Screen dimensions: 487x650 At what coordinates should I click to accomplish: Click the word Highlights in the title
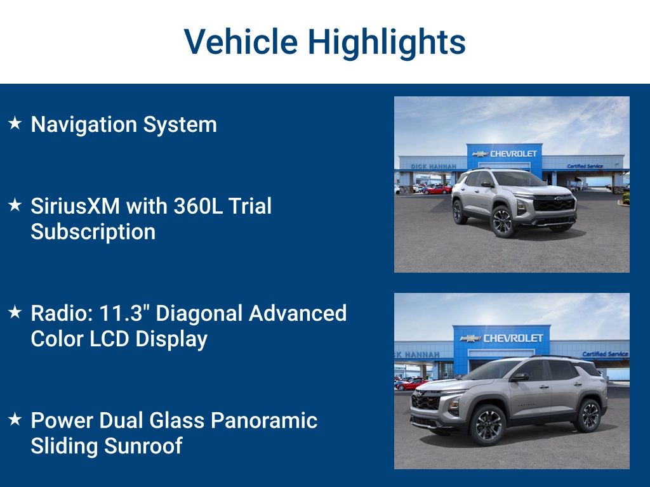pyautogui.click(x=387, y=42)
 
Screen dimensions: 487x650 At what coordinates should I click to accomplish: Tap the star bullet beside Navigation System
pyautogui.click(x=15, y=123)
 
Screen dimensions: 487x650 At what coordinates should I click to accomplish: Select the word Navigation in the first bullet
pyautogui.click(x=84, y=124)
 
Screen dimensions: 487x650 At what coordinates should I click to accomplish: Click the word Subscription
pyautogui.click(x=93, y=232)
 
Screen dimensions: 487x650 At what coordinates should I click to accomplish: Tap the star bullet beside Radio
pyautogui.click(x=15, y=312)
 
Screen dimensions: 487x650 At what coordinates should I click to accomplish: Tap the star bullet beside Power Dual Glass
pyautogui.click(x=15, y=419)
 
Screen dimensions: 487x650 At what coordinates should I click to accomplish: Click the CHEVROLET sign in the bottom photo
pyautogui.click(x=513, y=338)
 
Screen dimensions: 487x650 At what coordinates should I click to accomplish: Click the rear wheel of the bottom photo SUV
pyautogui.click(x=587, y=415)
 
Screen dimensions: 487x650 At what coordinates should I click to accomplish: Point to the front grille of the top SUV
pyautogui.click(x=554, y=205)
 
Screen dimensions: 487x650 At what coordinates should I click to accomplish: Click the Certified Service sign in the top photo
pyautogui.click(x=585, y=166)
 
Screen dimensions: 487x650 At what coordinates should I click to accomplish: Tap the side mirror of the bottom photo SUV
pyautogui.click(x=520, y=377)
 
